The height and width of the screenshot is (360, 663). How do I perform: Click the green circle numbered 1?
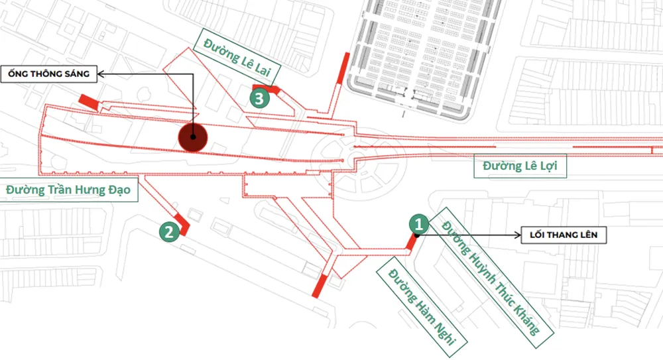(x=417, y=223)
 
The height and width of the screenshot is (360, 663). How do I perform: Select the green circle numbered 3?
(x=259, y=99)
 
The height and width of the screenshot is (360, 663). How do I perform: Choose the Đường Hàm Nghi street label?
(x=422, y=306)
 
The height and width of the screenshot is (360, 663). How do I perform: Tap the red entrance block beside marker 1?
(x=412, y=243)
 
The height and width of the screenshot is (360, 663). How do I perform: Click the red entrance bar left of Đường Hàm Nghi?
(x=319, y=284)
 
